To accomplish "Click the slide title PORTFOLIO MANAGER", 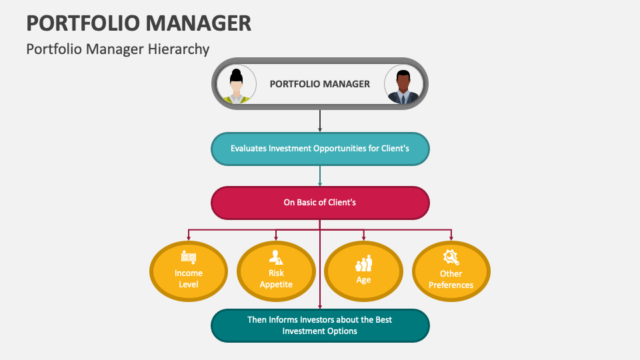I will [x=139, y=23].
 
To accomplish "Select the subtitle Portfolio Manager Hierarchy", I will [x=117, y=49].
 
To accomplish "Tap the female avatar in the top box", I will [x=237, y=85].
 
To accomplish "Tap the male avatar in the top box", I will [x=403, y=85].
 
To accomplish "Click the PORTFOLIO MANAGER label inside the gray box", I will [x=319, y=84].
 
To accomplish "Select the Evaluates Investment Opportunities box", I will [x=320, y=149].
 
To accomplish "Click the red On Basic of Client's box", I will [x=320, y=202].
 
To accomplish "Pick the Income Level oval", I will [x=189, y=272].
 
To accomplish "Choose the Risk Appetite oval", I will [x=276, y=272].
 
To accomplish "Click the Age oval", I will [x=363, y=272].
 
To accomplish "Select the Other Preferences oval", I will [x=451, y=272].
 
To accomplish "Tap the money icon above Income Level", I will [x=189, y=257].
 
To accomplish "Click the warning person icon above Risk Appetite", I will [x=276, y=257].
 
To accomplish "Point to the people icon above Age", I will [x=363, y=263].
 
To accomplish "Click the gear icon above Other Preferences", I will [x=451, y=257].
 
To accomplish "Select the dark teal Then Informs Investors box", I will [x=320, y=325].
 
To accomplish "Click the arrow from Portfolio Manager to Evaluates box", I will [x=320, y=121].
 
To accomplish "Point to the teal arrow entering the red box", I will [x=320, y=176].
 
